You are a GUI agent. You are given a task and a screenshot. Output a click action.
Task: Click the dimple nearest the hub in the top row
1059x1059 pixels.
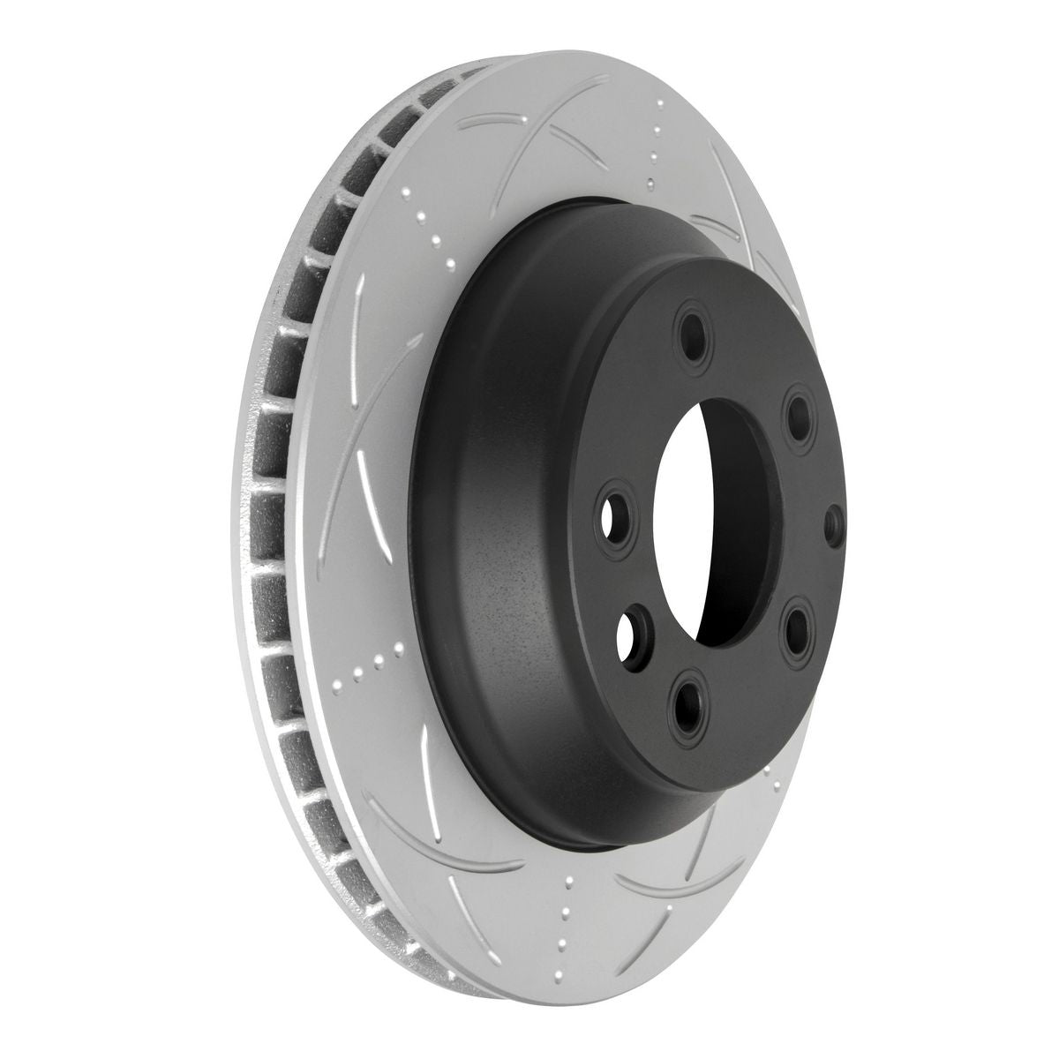point(651,184)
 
